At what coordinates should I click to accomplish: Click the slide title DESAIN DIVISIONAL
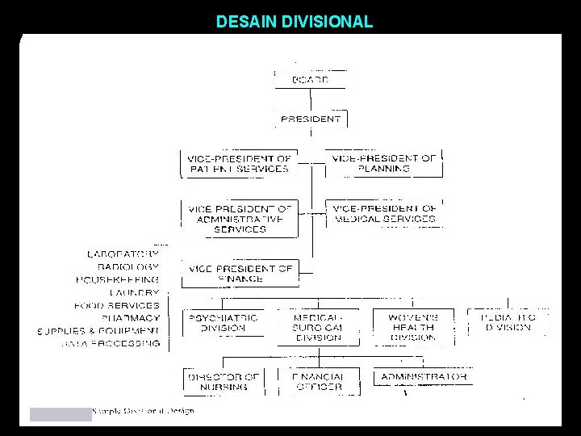[294, 22]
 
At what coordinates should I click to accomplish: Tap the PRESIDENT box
[311, 119]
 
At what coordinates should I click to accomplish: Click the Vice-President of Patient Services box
[239, 164]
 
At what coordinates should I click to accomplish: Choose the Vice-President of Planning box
[383, 164]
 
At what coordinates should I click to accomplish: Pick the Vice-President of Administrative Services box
[239, 219]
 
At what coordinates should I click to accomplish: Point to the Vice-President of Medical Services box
[384, 213]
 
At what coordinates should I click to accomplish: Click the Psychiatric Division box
[222, 323]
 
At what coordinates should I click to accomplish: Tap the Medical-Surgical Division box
[318, 328]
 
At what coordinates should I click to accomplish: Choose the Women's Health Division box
[413, 328]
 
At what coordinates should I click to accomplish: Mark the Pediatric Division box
[509, 323]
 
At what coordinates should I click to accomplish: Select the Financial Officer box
[318, 381]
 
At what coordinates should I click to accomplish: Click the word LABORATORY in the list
[123, 254]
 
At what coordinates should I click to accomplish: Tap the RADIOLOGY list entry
[127, 266]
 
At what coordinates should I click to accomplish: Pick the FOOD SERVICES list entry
[117, 305]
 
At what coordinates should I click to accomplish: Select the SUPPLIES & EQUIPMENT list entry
[98, 331]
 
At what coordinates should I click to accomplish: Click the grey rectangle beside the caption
[61, 414]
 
